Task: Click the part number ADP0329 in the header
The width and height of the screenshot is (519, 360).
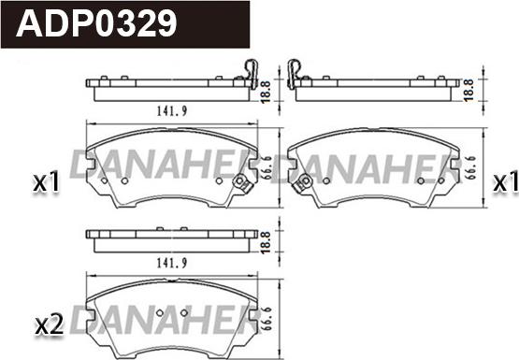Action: point(96,23)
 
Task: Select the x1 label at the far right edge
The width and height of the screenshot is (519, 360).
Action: point(505,182)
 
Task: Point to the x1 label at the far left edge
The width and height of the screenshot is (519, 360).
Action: point(46,182)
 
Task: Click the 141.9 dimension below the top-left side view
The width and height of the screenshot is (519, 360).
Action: point(172,111)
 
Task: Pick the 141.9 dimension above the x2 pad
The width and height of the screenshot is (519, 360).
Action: point(172,263)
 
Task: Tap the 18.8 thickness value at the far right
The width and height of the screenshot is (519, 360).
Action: point(469,90)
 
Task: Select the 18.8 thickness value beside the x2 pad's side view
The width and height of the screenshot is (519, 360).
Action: point(266,242)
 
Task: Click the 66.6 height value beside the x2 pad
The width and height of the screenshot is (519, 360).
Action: point(267,320)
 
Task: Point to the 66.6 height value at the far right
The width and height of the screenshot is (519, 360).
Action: point(471,167)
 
